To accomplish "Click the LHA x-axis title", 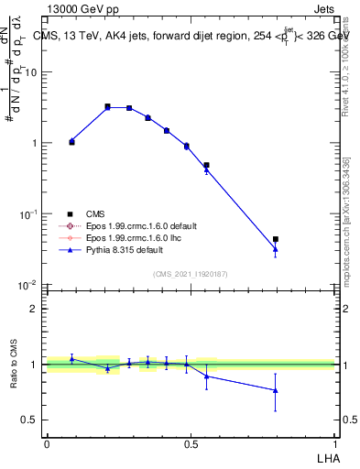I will pyautogui.click(x=326, y=457).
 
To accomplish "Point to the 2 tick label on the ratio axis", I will pyautogui.click(x=36, y=309).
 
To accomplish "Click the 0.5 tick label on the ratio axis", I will pyautogui.click(x=32, y=420).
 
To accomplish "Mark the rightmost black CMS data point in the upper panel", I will pyautogui.click(x=276, y=239).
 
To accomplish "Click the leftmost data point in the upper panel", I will pyautogui.click(x=71, y=141).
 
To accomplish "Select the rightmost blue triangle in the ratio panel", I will pyautogui.click(x=276, y=390).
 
